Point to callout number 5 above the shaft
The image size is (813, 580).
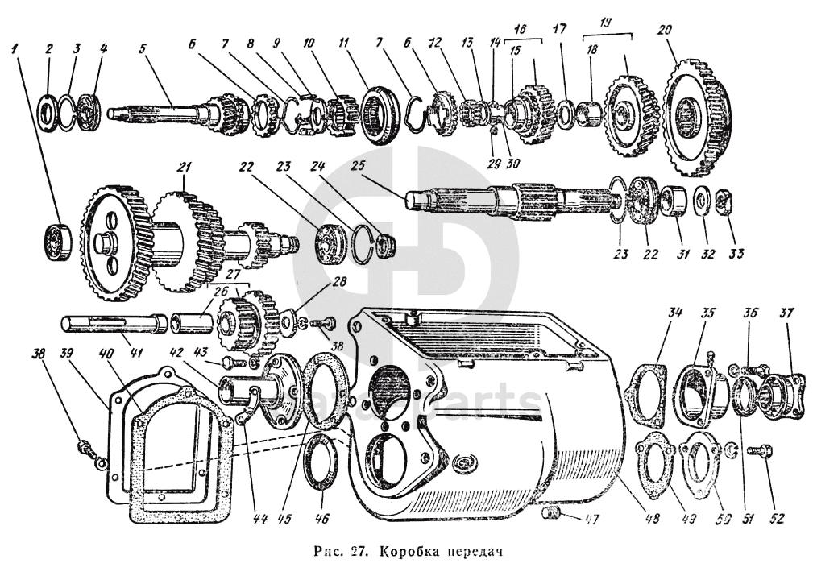(x=142, y=47)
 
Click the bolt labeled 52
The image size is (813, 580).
(x=761, y=457)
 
